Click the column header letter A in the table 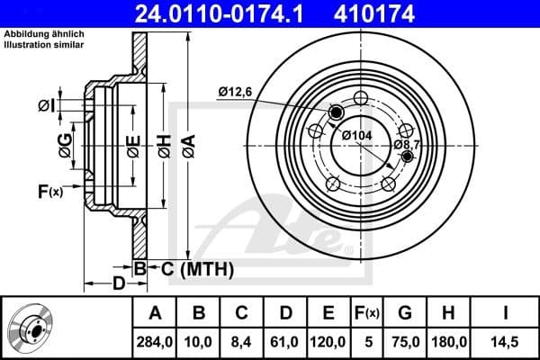(x=155, y=313)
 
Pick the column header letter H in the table (x=447, y=313)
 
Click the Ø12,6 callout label (x=237, y=90)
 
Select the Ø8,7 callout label (x=407, y=144)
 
